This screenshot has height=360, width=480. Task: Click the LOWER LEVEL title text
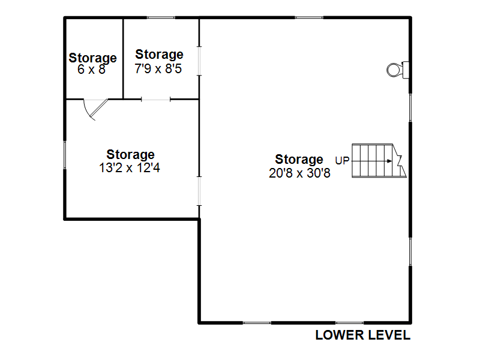(363, 335)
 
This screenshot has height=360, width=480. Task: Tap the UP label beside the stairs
(342, 160)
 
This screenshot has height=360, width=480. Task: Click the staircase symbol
(379, 160)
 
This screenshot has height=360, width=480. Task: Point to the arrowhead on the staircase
(389, 161)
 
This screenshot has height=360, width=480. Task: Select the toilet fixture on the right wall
(398, 70)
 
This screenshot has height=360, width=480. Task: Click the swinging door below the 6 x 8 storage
(95, 109)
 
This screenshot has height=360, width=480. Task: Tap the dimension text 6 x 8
(91, 70)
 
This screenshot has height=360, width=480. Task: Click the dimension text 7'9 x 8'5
(158, 68)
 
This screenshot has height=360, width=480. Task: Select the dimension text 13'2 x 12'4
(130, 167)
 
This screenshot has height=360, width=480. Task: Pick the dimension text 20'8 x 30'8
(299, 173)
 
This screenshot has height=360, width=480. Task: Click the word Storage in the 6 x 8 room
(92, 58)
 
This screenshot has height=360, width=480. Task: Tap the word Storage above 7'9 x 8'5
(159, 55)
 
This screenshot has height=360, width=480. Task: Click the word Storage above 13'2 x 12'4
(130, 155)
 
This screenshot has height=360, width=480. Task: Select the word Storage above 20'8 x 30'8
(299, 160)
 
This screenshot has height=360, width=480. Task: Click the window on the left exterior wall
(65, 155)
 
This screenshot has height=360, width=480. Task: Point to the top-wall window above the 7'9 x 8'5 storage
(161, 18)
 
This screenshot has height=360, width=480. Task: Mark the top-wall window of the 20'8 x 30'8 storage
(309, 18)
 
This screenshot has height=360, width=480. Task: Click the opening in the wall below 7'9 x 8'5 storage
(155, 99)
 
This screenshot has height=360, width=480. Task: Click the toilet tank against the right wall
(406, 70)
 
